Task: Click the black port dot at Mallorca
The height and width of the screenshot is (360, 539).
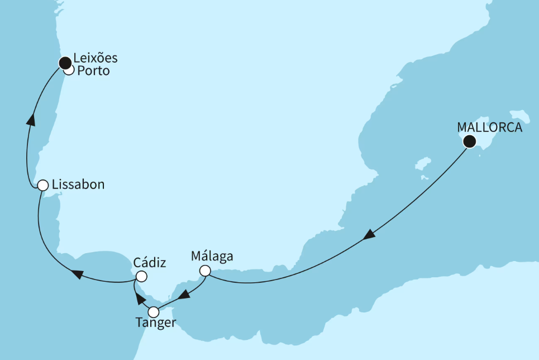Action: [x=470, y=141]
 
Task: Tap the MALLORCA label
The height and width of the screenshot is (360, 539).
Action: [x=490, y=127]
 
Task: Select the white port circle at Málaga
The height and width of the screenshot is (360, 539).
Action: [x=206, y=271]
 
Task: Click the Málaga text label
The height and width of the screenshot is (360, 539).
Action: [x=212, y=257]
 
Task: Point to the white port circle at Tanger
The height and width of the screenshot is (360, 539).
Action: [x=152, y=312]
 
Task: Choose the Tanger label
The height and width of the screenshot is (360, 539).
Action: [x=156, y=323]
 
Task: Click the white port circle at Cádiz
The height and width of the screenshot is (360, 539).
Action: [x=141, y=277]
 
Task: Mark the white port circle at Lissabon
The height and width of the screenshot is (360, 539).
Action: [x=42, y=185]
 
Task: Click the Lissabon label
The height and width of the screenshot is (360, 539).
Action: [x=78, y=184]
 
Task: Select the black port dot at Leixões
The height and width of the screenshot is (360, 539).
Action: [x=65, y=61]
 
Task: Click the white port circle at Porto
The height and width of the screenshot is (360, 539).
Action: [x=69, y=70]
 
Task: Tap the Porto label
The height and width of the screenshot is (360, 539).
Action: [x=93, y=72]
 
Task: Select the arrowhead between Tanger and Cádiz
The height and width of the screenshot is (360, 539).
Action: [x=141, y=299]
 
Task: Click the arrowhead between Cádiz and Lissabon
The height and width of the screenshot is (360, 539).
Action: [x=78, y=274]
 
